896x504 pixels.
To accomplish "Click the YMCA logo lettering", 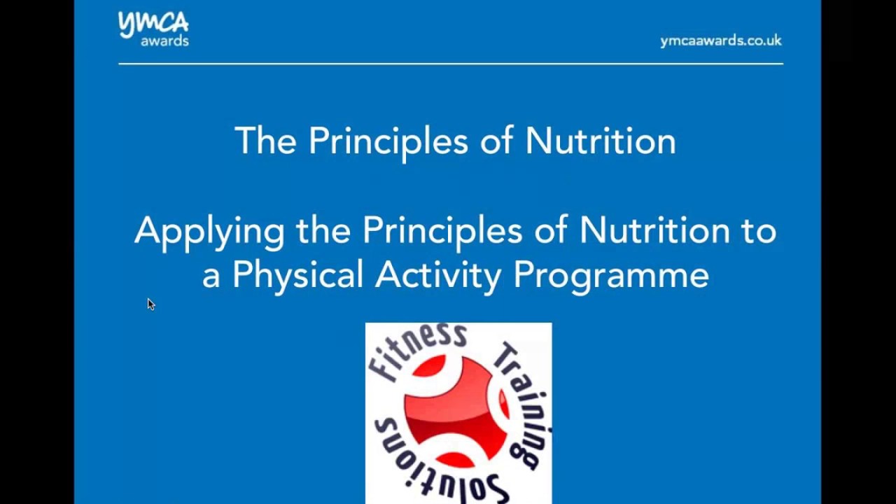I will click(x=153, y=24).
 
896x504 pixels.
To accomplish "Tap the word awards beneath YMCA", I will click(x=164, y=41).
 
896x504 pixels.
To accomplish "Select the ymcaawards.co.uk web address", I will click(x=720, y=41).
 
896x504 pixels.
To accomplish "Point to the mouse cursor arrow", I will click(x=150, y=304).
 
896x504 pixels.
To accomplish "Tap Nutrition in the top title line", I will click(x=601, y=141).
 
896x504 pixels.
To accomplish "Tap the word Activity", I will click(x=438, y=275).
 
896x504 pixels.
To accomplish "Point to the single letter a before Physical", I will click(x=211, y=276).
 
